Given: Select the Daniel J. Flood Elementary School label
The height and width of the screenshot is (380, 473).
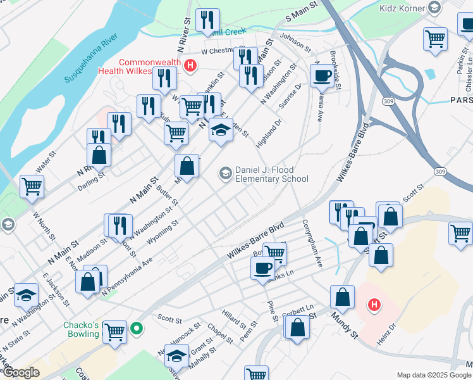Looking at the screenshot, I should click(272, 174).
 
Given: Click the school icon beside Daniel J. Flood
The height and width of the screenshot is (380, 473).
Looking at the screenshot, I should click(225, 172).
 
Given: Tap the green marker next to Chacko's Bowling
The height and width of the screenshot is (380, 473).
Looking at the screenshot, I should click(136, 329).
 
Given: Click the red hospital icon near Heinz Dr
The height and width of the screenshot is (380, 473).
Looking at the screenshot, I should click(374, 305).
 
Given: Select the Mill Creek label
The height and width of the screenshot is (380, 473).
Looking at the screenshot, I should click(229, 30).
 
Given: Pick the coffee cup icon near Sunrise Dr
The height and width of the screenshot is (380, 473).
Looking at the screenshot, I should click(322, 75).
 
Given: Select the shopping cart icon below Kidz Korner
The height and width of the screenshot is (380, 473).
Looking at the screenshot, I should click(435, 39).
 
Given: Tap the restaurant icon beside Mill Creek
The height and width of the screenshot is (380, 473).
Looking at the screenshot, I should click(207, 21).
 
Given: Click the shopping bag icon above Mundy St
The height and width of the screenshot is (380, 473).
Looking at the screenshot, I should click(342, 296).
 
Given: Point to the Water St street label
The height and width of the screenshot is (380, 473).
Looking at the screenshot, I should click(46, 162).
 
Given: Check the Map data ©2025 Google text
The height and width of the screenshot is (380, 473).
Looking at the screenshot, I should click(434, 375).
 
